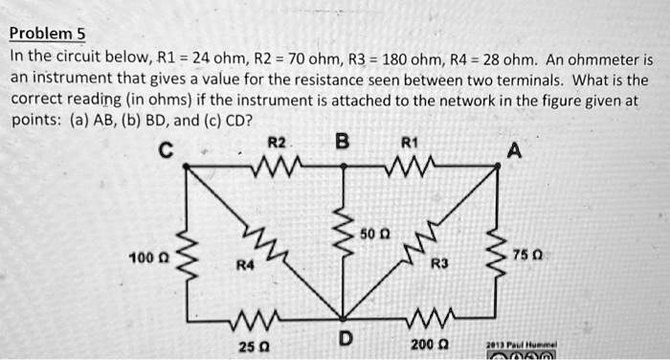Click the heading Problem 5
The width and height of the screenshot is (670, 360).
47,34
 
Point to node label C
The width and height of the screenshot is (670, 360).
167,149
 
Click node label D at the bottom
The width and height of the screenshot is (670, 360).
345,338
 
